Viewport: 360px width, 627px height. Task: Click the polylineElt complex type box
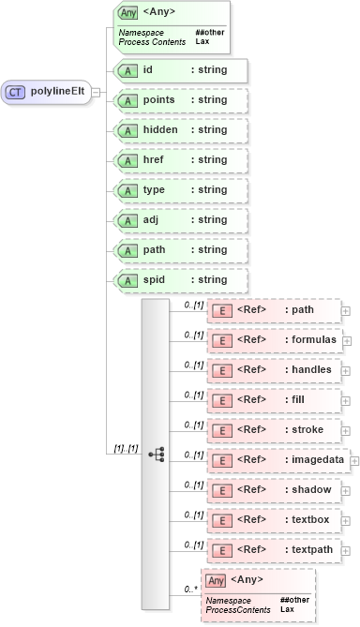point(47,92)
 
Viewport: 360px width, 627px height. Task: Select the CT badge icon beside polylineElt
point(16,92)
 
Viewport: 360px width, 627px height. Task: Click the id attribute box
point(179,70)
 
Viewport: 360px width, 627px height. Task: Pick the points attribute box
point(179,100)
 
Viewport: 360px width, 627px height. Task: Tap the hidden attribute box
point(179,130)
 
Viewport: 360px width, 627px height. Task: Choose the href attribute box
point(179,160)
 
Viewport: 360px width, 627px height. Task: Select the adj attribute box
point(179,220)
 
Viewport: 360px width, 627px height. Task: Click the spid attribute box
point(179,280)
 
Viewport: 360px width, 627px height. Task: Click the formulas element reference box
point(273,340)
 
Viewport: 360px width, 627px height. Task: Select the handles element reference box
point(273,370)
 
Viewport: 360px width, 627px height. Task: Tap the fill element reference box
point(273,400)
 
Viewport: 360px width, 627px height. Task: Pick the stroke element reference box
point(273,430)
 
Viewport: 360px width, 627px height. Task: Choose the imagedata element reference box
point(277,460)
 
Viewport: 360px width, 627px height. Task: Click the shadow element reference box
point(273,490)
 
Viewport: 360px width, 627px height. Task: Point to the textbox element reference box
point(273,520)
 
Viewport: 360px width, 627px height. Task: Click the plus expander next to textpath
point(346,550)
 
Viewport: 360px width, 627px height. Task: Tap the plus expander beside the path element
point(346,310)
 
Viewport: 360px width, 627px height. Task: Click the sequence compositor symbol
point(156,453)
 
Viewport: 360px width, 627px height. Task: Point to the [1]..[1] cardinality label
point(126,448)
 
